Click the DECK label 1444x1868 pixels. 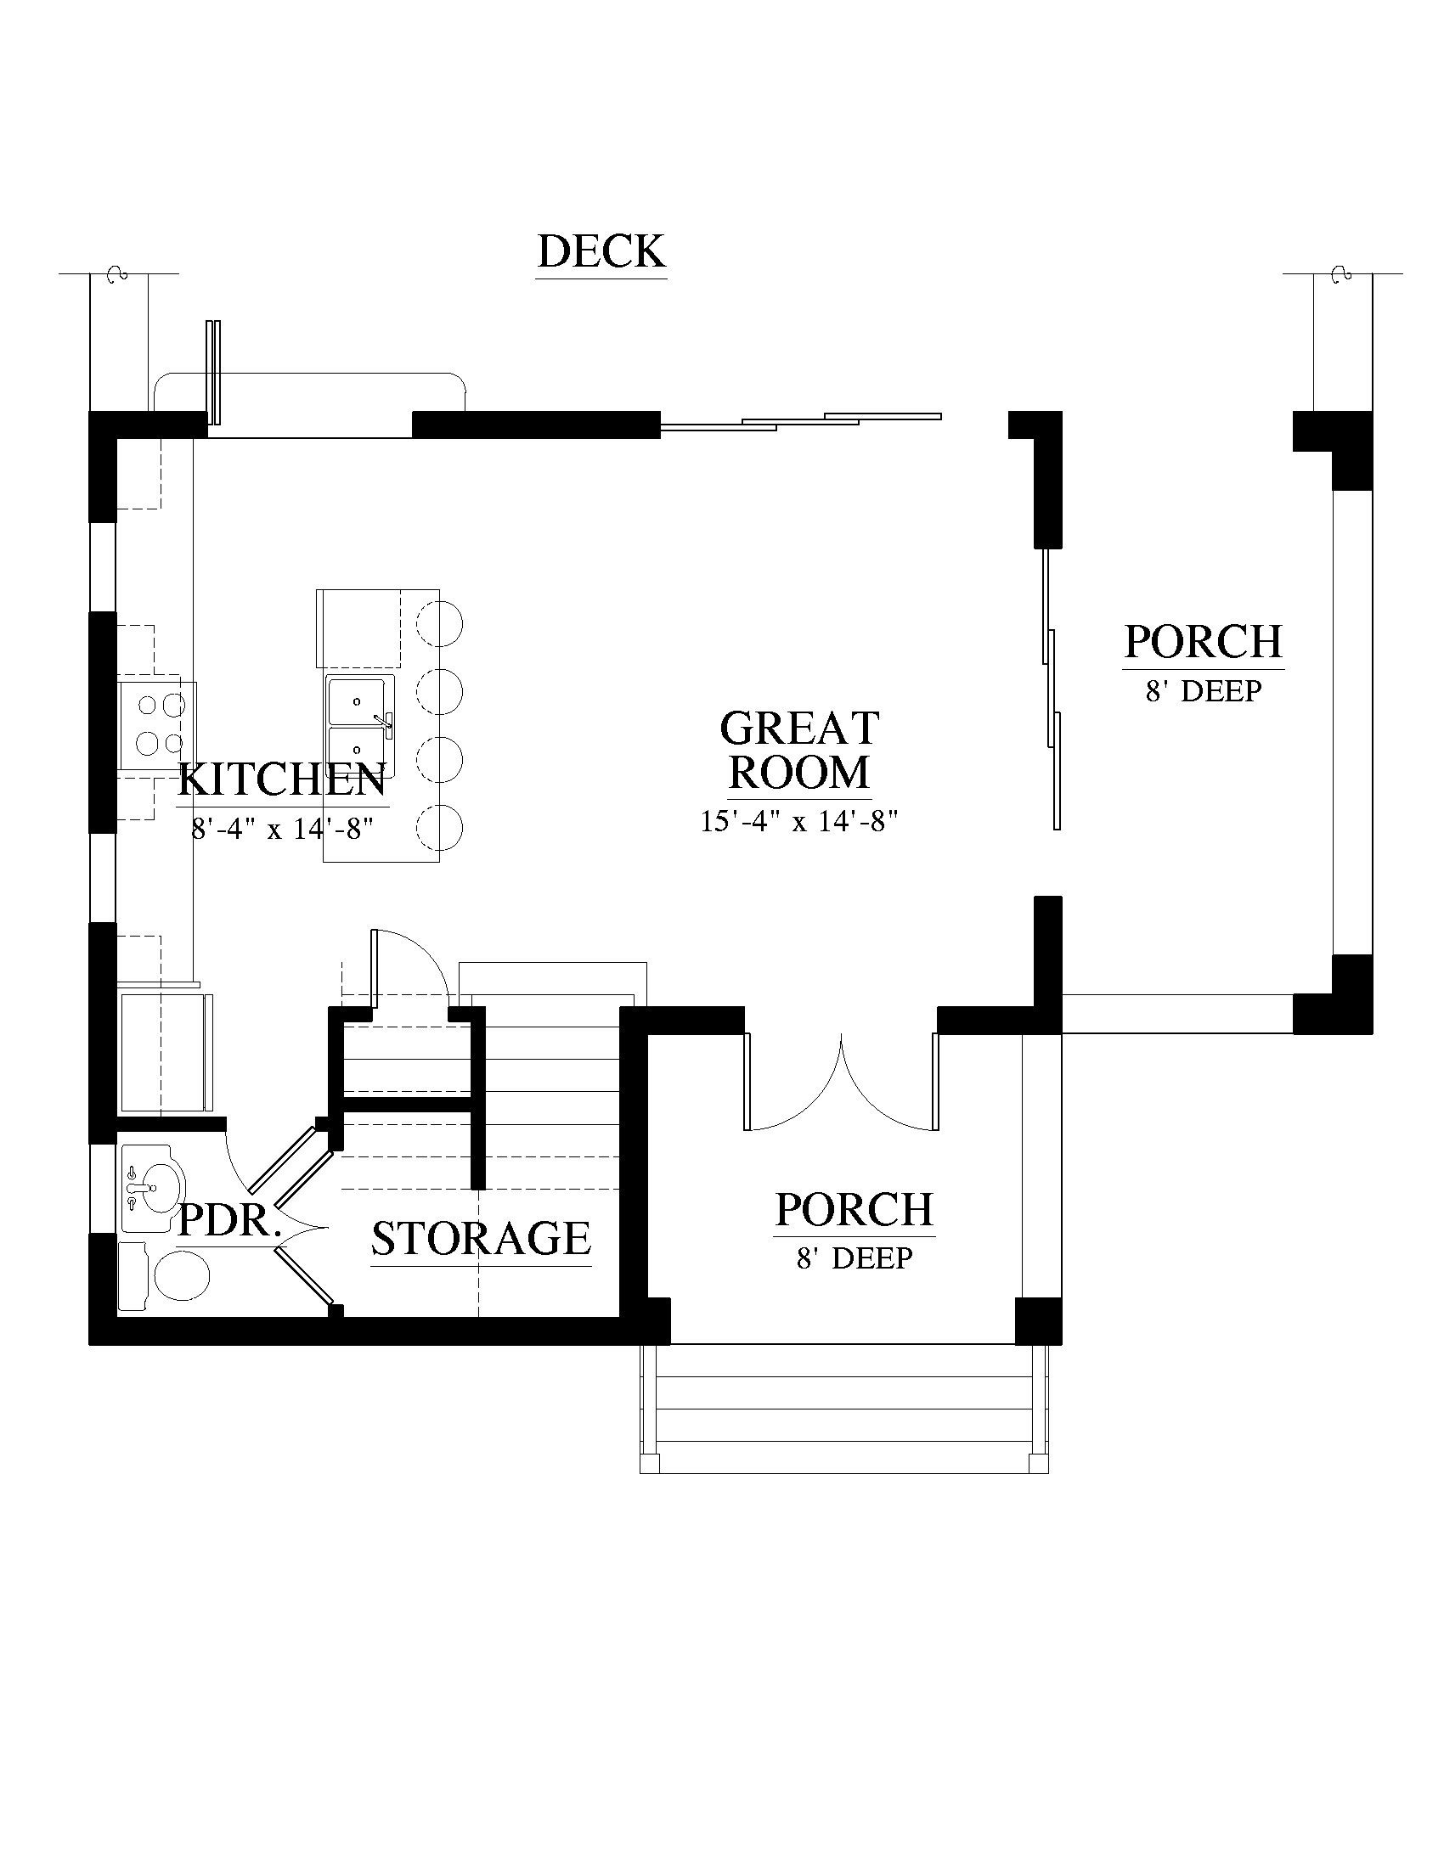(601, 251)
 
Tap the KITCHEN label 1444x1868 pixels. (282, 780)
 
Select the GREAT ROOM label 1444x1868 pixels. (799, 750)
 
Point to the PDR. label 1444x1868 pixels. (229, 1220)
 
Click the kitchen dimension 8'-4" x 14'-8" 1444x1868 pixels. (283, 829)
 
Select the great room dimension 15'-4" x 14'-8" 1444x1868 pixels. (799, 821)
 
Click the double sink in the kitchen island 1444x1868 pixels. (360, 726)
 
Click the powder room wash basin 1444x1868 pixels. (150, 1188)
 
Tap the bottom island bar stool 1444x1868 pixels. (439, 827)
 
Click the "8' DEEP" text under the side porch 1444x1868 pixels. (1204, 691)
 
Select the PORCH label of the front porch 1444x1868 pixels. (854, 1209)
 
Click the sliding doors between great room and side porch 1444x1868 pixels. (1052, 689)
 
